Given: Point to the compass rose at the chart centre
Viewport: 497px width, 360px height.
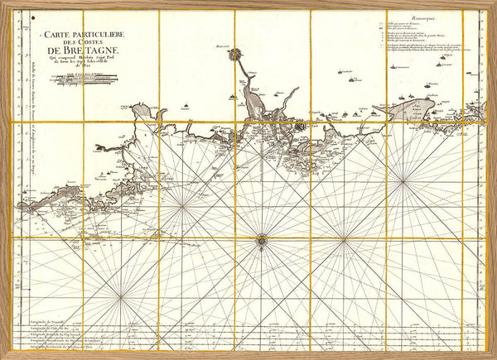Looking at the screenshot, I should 262,240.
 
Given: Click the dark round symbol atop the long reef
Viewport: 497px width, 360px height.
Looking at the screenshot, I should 235,55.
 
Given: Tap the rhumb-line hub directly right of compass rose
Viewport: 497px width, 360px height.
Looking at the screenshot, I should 344,240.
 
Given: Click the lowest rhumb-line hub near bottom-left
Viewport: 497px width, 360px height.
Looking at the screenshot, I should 122,296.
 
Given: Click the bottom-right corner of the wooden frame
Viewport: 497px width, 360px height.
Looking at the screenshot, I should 493,356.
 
